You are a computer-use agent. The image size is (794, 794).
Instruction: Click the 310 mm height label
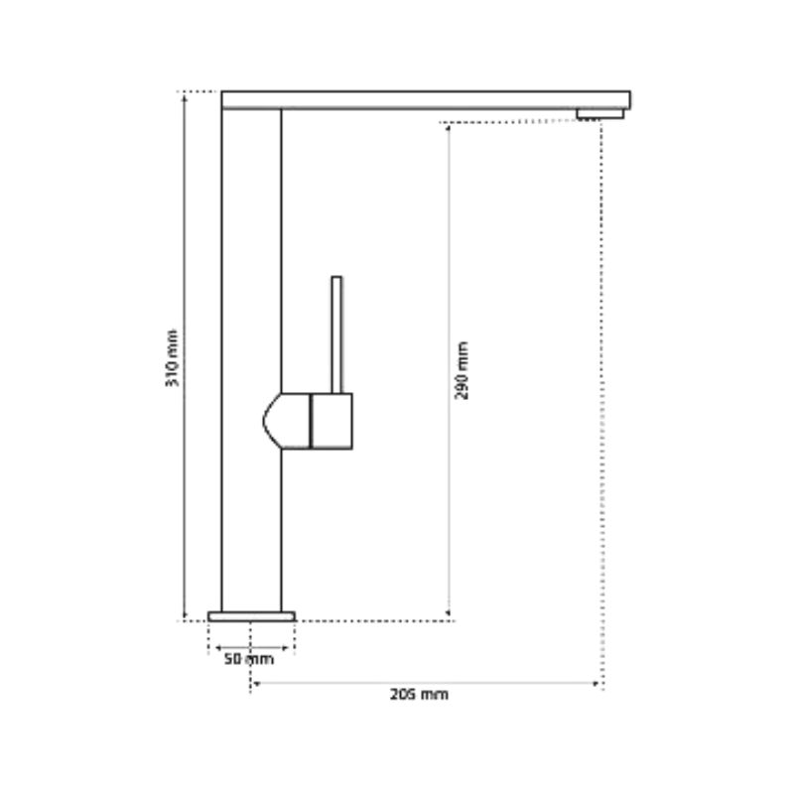pyautogui.click(x=173, y=357)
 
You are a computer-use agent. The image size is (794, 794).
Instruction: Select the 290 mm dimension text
pyautogui.click(x=462, y=370)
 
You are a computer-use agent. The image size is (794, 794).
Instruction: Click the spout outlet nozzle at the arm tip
pyautogui.click(x=600, y=113)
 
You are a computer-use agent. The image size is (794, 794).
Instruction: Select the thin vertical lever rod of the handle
pyautogui.click(x=336, y=333)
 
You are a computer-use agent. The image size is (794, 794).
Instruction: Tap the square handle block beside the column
pyautogui.click(x=331, y=421)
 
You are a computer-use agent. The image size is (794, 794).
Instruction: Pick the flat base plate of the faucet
pyautogui.click(x=251, y=616)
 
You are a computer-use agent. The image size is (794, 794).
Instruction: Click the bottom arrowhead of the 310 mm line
pyautogui.click(x=185, y=615)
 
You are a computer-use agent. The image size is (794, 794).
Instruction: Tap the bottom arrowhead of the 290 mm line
pyautogui.click(x=450, y=615)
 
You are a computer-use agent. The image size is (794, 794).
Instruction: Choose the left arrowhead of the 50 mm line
pyautogui.click(x=211, y=649)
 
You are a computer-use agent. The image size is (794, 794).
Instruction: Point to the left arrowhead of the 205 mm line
pyautogui.click(x=255, y=683)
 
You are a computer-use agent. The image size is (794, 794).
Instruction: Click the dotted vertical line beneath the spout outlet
pyautogui.click(x=601, y=397)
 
